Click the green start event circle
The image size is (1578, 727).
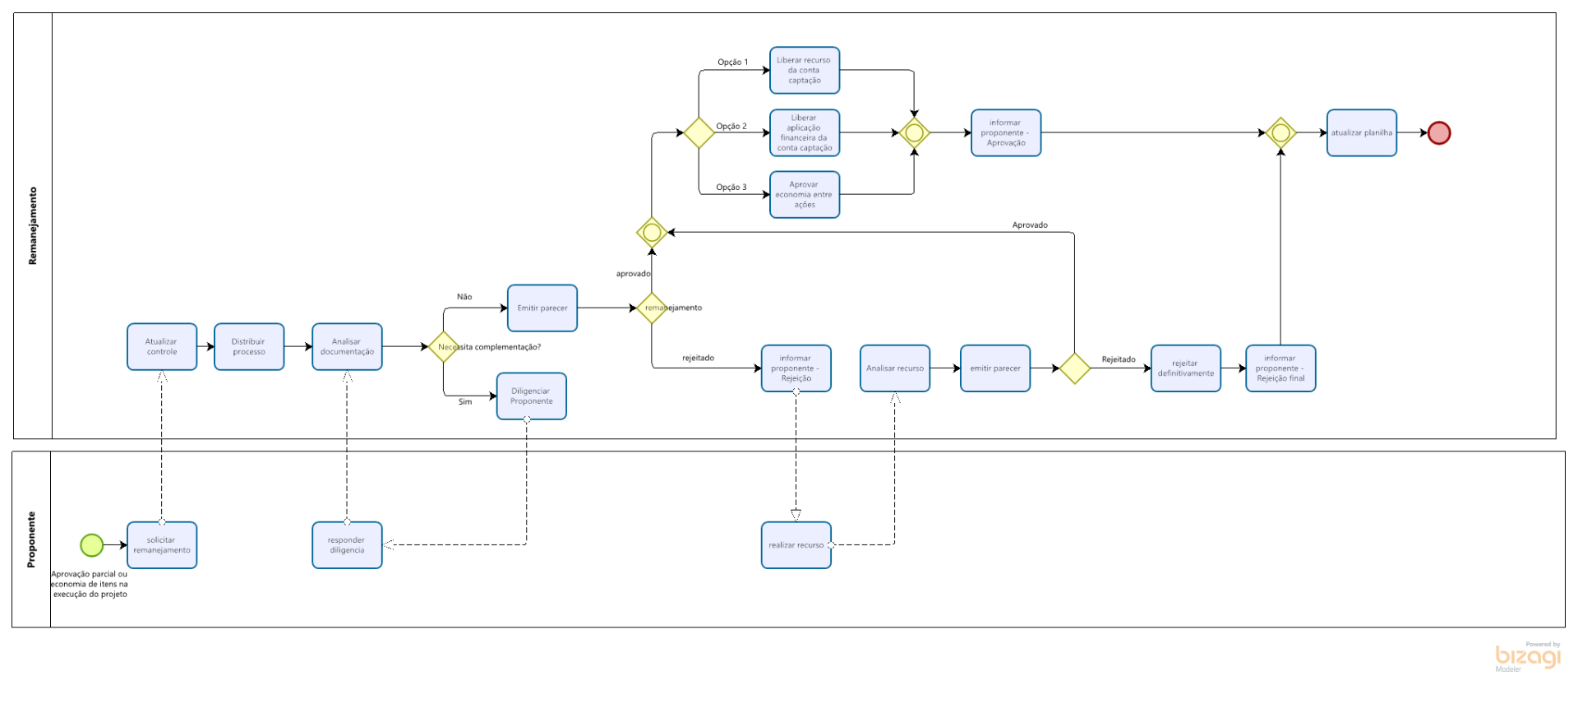click(x=91, y=544)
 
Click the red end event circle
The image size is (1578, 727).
click(x=1438, y=132)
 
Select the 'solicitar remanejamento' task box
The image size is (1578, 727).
click(x=162, y=544)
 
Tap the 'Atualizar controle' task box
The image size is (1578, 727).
click(x=162, y=346)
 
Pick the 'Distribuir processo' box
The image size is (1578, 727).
click(x=249, y=346)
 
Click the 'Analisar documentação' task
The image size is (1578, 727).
click(x=347, y=346)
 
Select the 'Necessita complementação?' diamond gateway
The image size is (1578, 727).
click(x=444, y=346)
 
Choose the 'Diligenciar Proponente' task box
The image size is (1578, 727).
click(x=531, y=396)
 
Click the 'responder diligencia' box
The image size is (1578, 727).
click(x=347, y=544)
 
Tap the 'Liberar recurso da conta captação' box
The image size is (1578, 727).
click(x=805, y=70)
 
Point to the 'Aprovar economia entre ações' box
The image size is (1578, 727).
click(x=805, y=194)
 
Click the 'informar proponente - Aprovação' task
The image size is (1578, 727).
click(x=1005, y=132)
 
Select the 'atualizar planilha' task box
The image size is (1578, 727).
click(x=1361, y=132)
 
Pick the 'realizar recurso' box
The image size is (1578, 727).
click(x=796, y=544)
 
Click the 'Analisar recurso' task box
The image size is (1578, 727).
click(x=895, y=368)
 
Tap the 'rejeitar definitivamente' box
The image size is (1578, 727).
click(x=1185, y=368)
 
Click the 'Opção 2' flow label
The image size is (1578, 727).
click(x=731, y=126)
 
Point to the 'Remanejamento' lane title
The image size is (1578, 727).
click(x=33, y=225)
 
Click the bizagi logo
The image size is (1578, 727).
click(x=1527, y=656)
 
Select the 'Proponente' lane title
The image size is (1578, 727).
click(x=31, y=539)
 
